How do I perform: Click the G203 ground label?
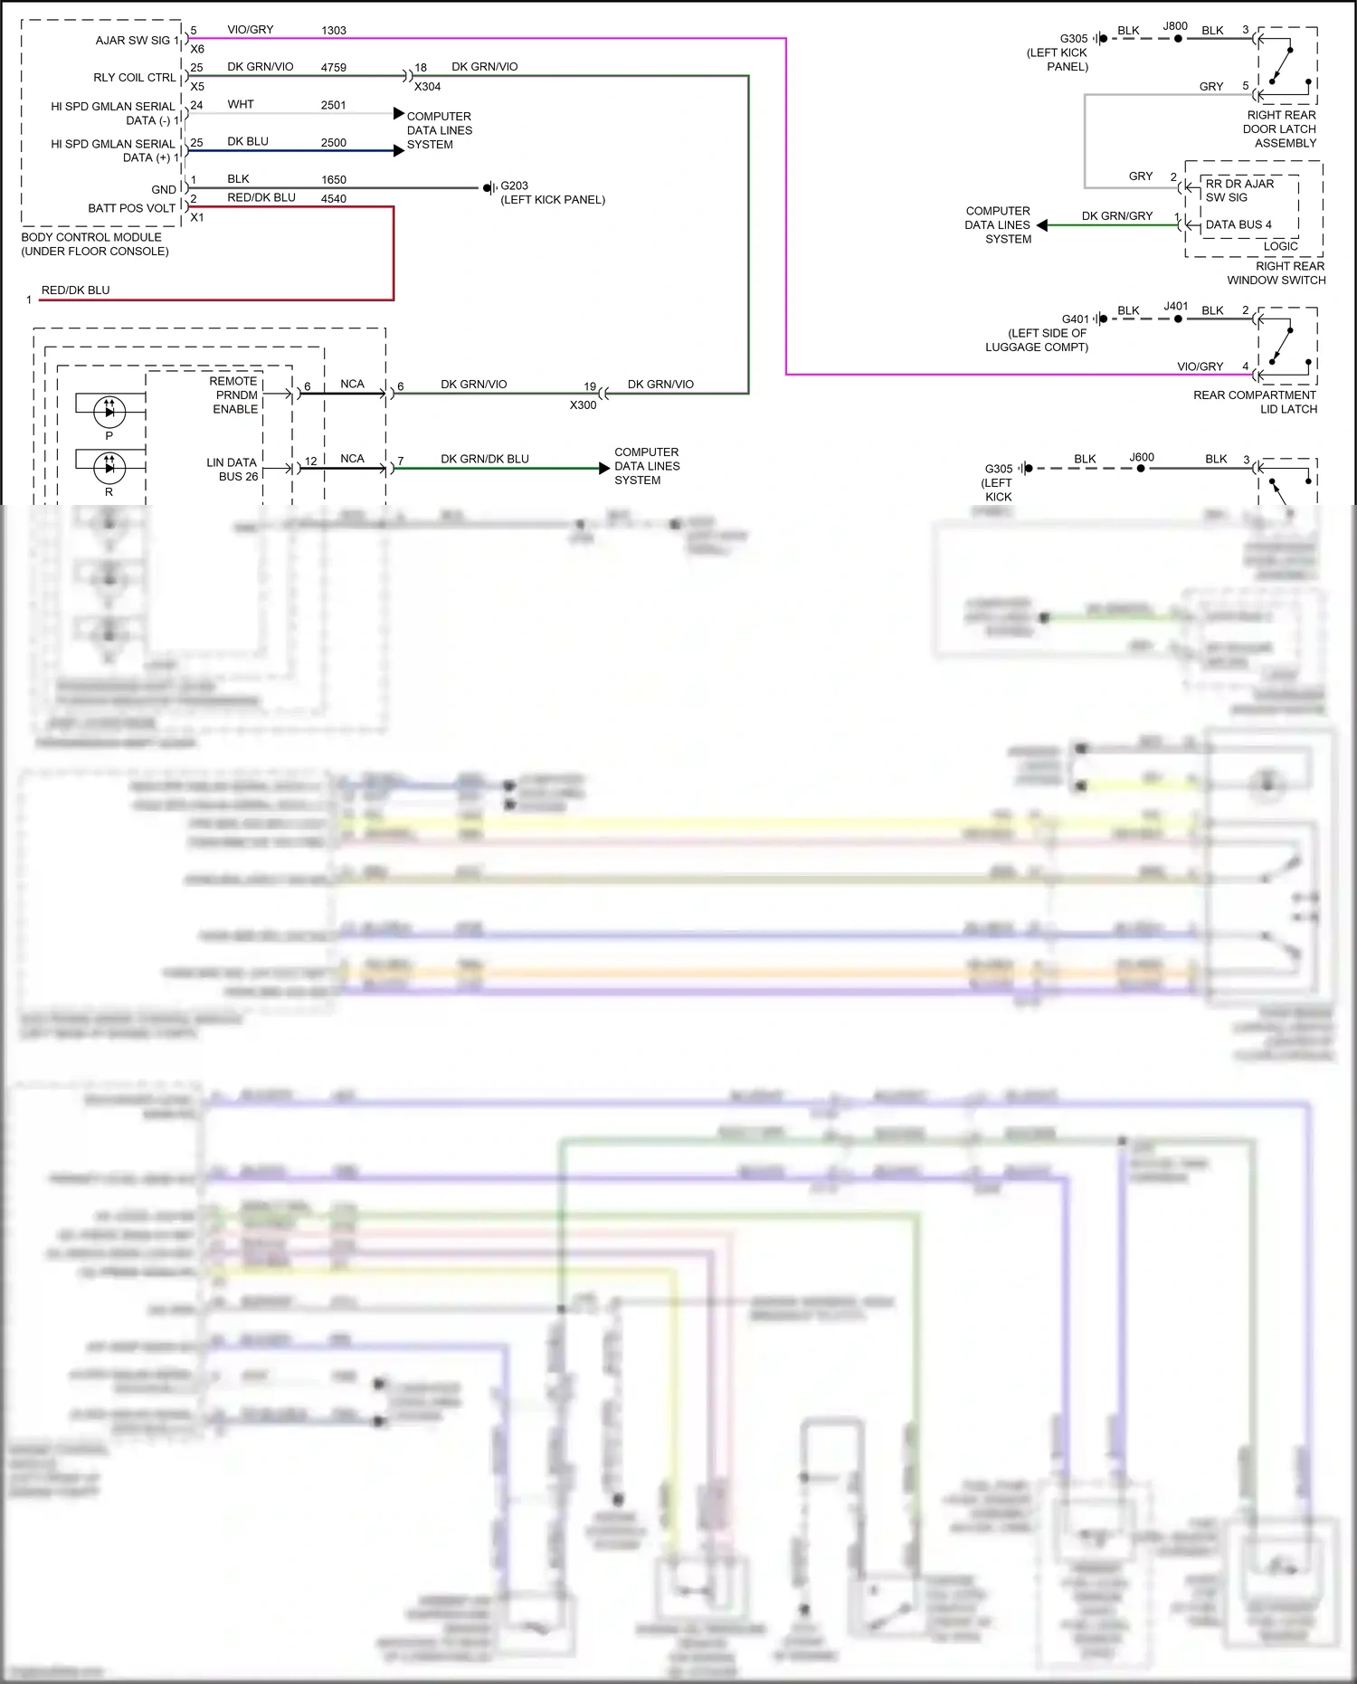click(x=515, y=186)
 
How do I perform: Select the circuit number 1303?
click(x=334, y=31)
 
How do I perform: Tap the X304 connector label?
click(x=427, y=87)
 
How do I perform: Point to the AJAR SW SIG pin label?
click(x=133, y=41)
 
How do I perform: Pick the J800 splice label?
click(x=1175, y=26)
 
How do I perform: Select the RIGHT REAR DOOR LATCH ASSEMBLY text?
click(x=1281, y=129)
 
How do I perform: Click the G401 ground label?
click(x=1075, y=319)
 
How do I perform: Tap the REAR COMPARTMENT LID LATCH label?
click(x=1255, y=403)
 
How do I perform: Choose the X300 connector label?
click(x=583, y=405)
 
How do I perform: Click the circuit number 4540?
click(x=334, y=199)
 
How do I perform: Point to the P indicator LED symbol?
click(x=109, y=412)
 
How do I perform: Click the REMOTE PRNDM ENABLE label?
click(x=234, y=395)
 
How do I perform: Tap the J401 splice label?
click(x=1175, y=307)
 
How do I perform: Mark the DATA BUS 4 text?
click(x=1238, y=225)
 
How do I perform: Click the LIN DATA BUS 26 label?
click(x=232, y=470)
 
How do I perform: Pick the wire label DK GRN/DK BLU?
click(x=484, y=459)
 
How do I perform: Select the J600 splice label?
click(x=1142, y=458)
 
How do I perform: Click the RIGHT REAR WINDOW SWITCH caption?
click(x=1276, y=273)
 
